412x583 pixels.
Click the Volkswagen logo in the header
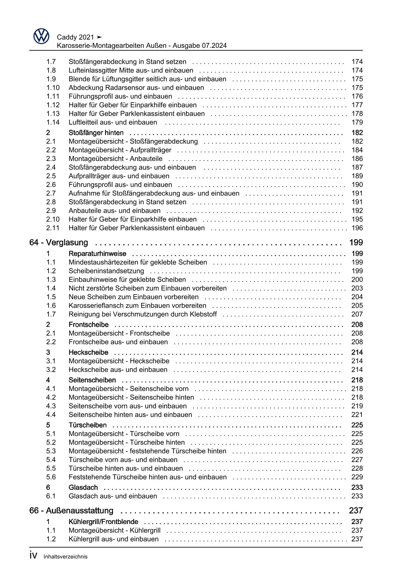[41, 36]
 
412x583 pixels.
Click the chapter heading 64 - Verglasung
[59, 242]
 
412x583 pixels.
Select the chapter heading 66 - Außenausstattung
[71, 510]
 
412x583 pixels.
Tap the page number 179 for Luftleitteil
[357, 122]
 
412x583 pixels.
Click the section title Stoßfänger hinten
[96, 132]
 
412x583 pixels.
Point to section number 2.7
[51, 193]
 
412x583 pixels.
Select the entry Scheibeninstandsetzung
[106, 271]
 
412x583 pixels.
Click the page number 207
[357, 314]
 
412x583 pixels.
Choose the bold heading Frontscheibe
[89, 324]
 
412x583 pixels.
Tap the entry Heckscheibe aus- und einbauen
[118, 369]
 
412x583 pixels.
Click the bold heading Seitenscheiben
[92, 380]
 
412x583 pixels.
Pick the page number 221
[357, 414]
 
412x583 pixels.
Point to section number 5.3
[51, 451]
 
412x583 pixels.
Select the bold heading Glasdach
[83, 487]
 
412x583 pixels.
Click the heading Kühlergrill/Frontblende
[103, 521]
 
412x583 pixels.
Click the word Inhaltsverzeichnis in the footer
[65, 556]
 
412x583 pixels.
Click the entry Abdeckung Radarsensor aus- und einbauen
[136, 87]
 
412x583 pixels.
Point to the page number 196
[357, 228]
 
